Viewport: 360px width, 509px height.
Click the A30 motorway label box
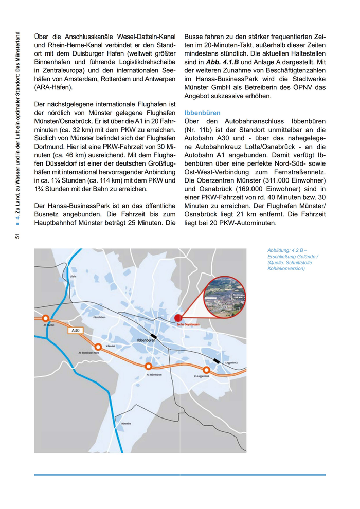pos(75,331)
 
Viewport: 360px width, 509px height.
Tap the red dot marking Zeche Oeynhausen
pos(178,318)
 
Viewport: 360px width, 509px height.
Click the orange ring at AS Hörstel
pos(46,318)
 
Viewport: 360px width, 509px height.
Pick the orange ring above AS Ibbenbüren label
pos(148,366)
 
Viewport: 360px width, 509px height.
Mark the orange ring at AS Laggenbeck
pos(206,370)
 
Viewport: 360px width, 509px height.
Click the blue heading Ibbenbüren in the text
pos(202,113)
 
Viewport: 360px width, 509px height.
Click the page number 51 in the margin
pos(17,236)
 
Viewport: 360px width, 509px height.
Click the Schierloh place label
pos(110,346)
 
